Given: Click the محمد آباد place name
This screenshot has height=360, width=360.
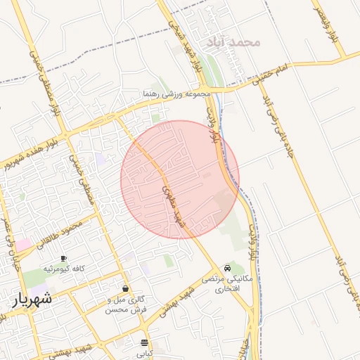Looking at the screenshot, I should tap(233, 42).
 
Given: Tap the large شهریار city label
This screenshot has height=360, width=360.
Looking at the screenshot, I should tap(32, 300).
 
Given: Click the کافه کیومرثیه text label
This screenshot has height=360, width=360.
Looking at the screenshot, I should tap(64, 269).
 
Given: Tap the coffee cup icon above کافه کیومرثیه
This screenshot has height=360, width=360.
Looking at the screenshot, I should tap(64, 258).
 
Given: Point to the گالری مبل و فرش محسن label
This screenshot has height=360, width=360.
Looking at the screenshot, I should tap(127, 304).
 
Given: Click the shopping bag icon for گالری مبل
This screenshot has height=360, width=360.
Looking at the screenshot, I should tap(126, 288).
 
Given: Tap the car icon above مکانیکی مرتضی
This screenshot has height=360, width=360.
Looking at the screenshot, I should tap(226, 269).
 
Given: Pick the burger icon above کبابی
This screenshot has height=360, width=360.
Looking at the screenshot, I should tap(145, 343).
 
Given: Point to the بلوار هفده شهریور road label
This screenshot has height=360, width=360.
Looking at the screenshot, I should tap(27, 155).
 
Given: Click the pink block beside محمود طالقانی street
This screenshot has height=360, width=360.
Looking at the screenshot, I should tap(24, 244).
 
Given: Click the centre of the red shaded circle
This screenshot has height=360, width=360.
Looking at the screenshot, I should tap(180, 179).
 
